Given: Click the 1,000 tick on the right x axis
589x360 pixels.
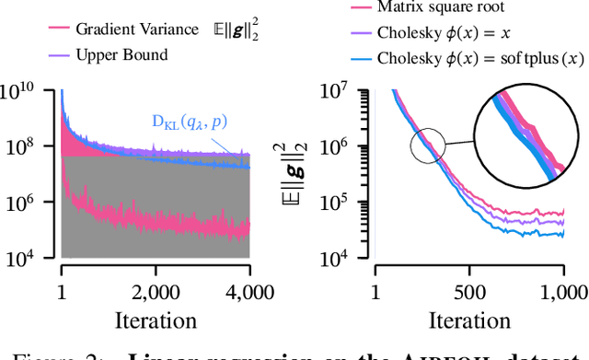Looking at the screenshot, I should tap(562, 293).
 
